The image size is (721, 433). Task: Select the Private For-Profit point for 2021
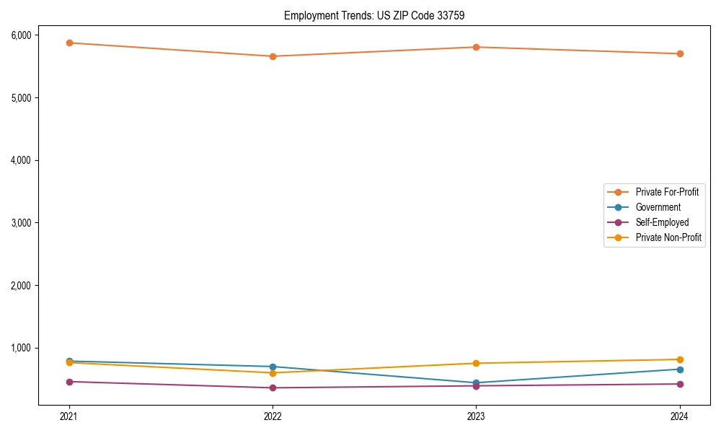pyautogui.click(x=69, y=43)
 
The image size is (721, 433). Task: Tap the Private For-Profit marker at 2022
pyautogui.click(x=273, y=56)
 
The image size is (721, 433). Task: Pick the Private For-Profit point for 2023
pyautogui.click(x=476, y=47)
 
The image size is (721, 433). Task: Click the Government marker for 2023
pyautogui.click(x=476, y=382)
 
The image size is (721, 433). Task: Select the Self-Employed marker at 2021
pyautogui.click(x=69, y=382)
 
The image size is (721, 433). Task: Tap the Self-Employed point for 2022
pyautogui.click(x=273, y=388)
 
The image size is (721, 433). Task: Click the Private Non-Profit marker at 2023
pyautogui.click(x=476, y=363)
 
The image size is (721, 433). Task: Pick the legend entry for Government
pyautogui.click(x=658, y=207)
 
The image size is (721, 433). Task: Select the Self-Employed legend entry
pyautogui.click(x=662, y=222)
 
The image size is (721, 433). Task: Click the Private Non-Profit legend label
pyautogui.click(x=668, y=237)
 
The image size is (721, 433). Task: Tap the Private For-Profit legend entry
pyautogui.click(x=667, y=192)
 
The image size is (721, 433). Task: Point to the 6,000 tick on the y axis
pyautogui.click(x=21, y=35)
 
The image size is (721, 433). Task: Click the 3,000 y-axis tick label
pyautogui.click(x=21, y=223)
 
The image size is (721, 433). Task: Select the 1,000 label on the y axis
pyautogui.click(x=21, y=348)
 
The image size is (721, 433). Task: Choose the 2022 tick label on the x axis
pyautogui.click(x=273, y=416)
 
